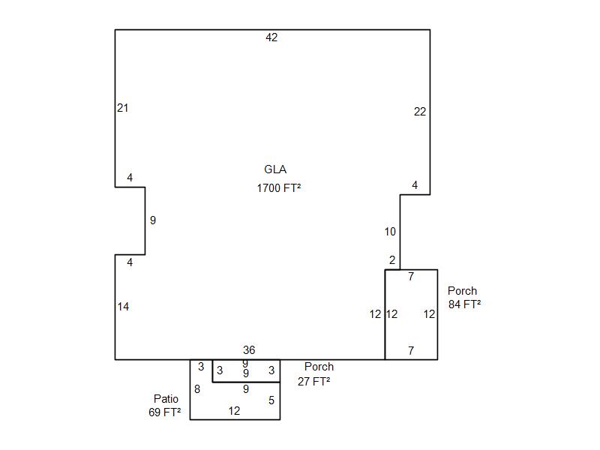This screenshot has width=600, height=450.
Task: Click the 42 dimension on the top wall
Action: [271, 37]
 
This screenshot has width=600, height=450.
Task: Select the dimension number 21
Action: [122, 108]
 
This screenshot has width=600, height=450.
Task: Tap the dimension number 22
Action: [420, 112]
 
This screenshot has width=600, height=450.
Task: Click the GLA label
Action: [275, 169]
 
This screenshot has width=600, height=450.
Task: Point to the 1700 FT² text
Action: [278, 188]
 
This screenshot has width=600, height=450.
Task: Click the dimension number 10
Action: [390, 232]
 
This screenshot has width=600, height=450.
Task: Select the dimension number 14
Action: [123, 307]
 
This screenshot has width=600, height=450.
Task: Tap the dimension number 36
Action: [249, 349]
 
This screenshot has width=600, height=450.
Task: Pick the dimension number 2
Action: [392, 260]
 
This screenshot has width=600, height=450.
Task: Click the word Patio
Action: [166, 399]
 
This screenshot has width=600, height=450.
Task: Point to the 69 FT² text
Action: [164, 412]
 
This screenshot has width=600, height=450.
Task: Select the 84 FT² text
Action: [464, 304]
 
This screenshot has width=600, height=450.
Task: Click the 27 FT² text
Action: [313, 382]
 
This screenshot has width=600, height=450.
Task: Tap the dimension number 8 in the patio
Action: [197, 389]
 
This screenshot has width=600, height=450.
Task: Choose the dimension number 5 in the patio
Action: [271, 400]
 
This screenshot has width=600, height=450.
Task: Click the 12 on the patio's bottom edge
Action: [234, 411]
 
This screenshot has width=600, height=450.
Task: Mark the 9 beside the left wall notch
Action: [153, 220]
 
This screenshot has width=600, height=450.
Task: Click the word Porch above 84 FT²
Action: [462, 291]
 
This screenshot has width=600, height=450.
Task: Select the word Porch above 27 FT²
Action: [319, 367]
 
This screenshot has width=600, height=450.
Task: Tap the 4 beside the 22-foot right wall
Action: [415, 185]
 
